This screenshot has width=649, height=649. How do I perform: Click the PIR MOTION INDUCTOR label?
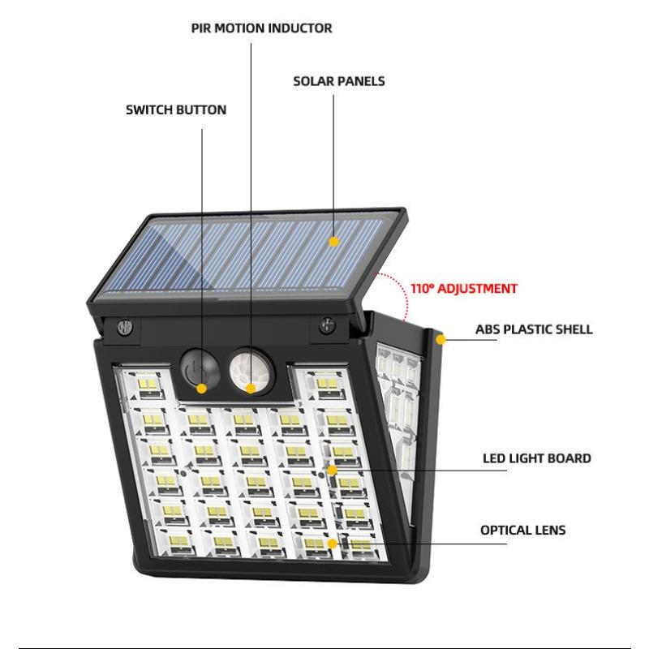point(261,28)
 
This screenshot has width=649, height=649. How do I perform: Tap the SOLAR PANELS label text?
point(338,81)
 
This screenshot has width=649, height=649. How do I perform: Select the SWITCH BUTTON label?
point(176,110)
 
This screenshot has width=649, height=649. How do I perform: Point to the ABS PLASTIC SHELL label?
point(533,329)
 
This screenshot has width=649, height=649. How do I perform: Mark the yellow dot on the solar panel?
point(333,241)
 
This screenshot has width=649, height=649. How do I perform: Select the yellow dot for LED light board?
point(332,470)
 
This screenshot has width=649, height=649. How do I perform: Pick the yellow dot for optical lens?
point(332,543)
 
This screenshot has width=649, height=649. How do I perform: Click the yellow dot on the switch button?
point(200,388)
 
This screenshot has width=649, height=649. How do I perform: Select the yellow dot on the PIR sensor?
point(251,388)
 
